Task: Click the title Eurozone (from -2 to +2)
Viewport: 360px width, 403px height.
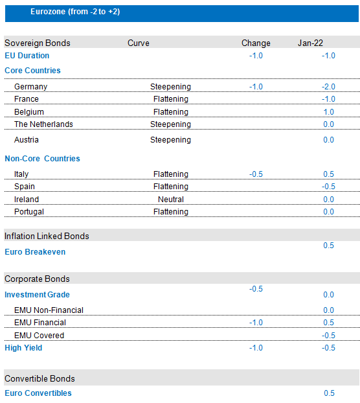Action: tap(75, 12)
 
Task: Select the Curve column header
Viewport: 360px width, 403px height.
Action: tap(139, 43)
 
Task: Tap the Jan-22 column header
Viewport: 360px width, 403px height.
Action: tap(310, 43)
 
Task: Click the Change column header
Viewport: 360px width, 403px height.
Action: tap(256, 43)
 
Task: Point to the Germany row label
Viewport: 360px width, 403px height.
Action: tap(31, 87)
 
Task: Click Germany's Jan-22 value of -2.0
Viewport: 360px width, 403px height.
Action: tap(328, 87)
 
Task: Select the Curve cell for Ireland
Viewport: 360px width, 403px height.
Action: tap(171, 199)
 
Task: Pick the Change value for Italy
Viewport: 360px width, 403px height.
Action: tap(256, 174)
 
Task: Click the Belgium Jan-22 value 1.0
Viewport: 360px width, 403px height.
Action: tap(328, 112)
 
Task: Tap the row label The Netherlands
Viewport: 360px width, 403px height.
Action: tap(43, 124)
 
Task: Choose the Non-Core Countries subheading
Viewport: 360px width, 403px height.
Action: tap(42, 159)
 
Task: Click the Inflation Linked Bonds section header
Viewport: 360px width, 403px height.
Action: tap(47, 236)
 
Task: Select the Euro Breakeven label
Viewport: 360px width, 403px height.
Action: tap(35, 252)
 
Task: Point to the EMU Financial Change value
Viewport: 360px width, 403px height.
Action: tap(256, 323)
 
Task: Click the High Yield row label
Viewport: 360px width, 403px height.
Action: tap(23, 348)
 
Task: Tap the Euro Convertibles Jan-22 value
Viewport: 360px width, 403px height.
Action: tap(329, 393)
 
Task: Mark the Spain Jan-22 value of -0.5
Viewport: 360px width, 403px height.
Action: tap(328, 187)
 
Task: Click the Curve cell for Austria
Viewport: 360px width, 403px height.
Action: tap(170, 140)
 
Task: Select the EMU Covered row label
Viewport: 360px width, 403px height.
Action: tap(39, 336)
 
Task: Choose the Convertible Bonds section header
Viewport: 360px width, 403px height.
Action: tap(39, 378)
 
